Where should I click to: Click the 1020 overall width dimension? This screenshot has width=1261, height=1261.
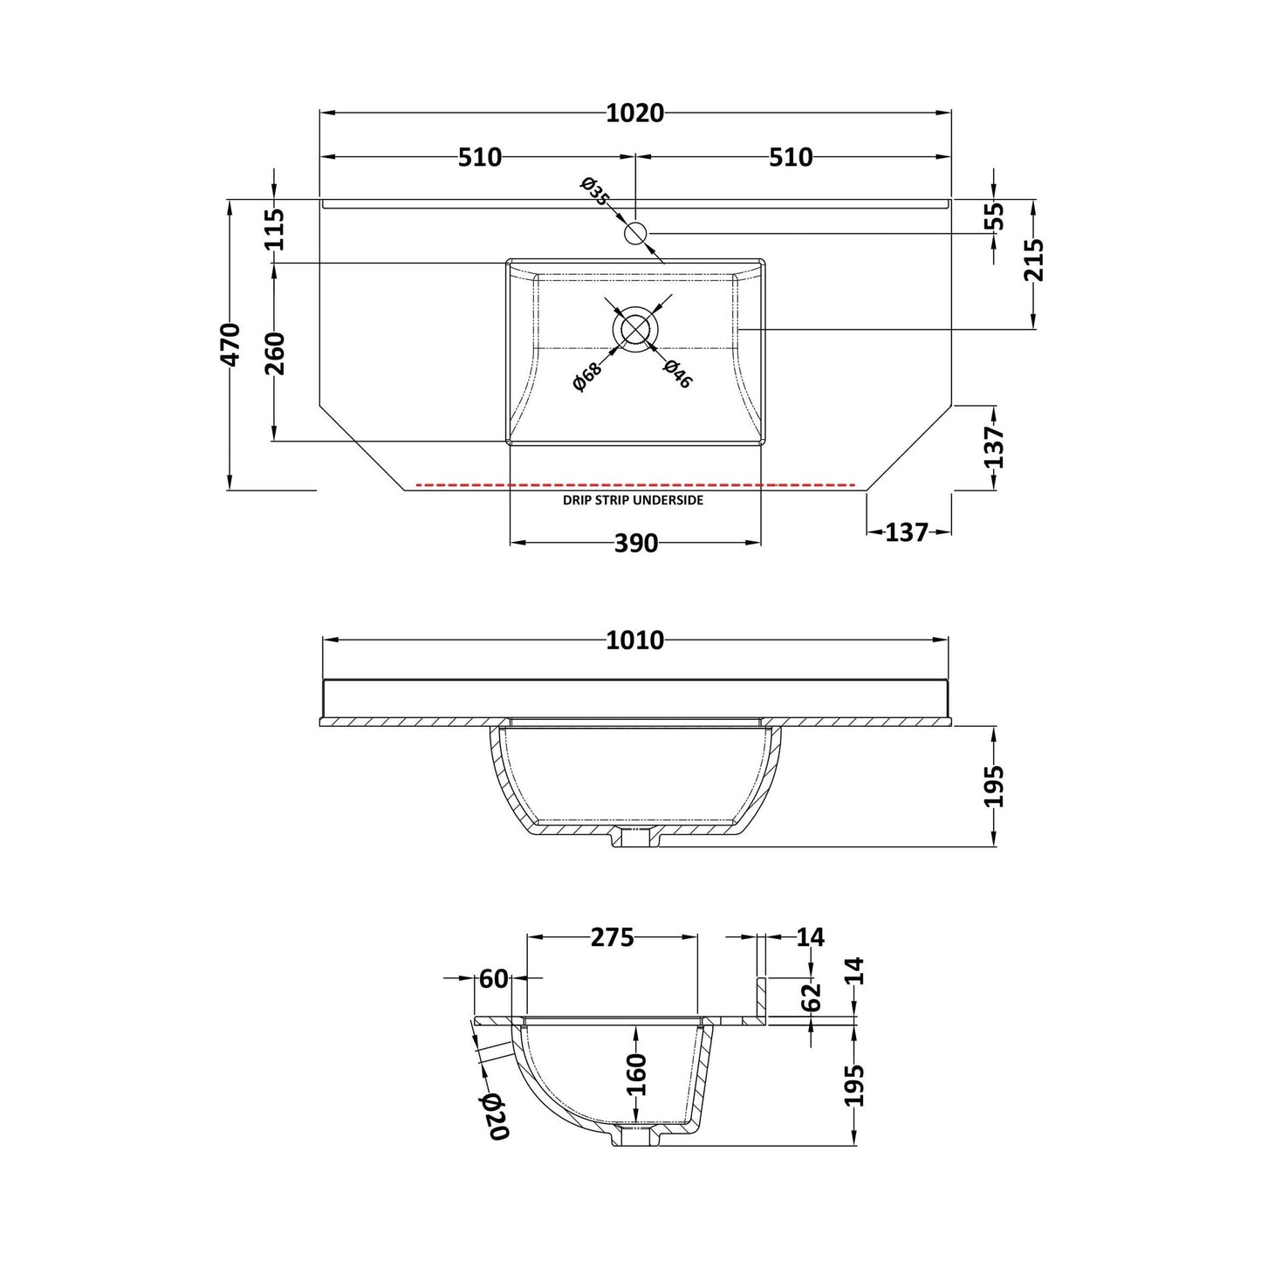coord(634,113)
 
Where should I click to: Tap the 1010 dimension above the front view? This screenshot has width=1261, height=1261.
coord(634,640)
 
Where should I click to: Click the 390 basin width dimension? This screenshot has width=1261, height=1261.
coord(635,543)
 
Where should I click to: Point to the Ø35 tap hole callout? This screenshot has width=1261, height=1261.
coord(594,191)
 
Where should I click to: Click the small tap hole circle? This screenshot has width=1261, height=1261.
coord(634,231)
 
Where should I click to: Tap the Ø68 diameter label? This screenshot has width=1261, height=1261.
coord(587,376)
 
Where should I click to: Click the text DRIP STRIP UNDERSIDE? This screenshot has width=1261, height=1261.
coord(633,501)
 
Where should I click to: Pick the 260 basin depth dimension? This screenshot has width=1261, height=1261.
coord(276,353)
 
